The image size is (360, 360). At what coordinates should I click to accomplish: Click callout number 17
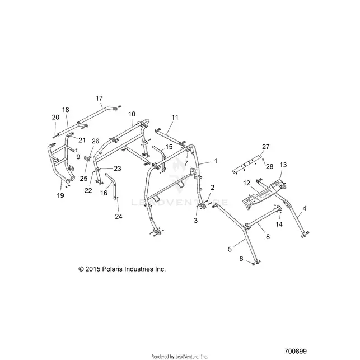point(99,99)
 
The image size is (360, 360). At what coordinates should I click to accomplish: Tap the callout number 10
point(132,114)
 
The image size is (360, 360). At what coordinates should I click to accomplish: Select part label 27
point(265,147)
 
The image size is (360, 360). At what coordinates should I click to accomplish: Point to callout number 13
point(283,165)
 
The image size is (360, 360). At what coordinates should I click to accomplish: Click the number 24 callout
point(119,216)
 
